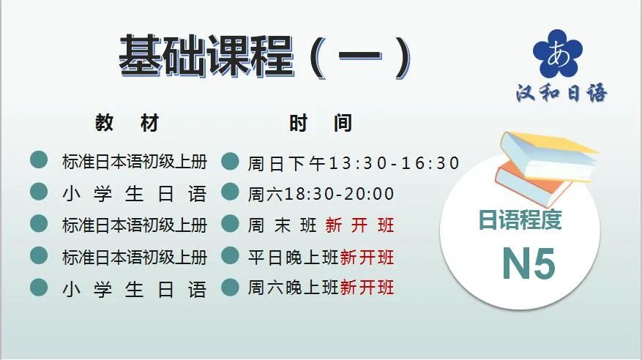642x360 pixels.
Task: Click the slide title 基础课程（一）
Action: tap(265, 56)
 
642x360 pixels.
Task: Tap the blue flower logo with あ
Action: tap(558, 53)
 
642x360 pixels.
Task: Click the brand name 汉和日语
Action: tap(561, 93)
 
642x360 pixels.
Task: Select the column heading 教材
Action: tap(127, 123)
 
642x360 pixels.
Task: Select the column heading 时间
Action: tap(321, 123)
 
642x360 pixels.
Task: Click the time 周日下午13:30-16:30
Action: tap(354, 163)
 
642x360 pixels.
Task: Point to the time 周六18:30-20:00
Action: tap(321, 194)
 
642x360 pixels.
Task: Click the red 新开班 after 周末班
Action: tap(360, 225)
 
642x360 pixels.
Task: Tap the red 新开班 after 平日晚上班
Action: tap(367, 258)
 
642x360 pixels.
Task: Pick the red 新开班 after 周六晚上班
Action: tap(367, 287)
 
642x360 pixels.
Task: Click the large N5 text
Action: tap(529, 263)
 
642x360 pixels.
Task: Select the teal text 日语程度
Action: tap(520, 220)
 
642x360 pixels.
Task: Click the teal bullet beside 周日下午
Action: tap(230, 161)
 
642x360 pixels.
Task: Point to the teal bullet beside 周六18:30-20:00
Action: tap(230, 192)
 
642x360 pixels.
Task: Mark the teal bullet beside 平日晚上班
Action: tap(230, 255)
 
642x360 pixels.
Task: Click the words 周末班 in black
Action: tap(282, 225)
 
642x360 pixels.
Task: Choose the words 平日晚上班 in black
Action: tap(293, 258)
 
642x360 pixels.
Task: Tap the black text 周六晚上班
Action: tap(293, 287)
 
